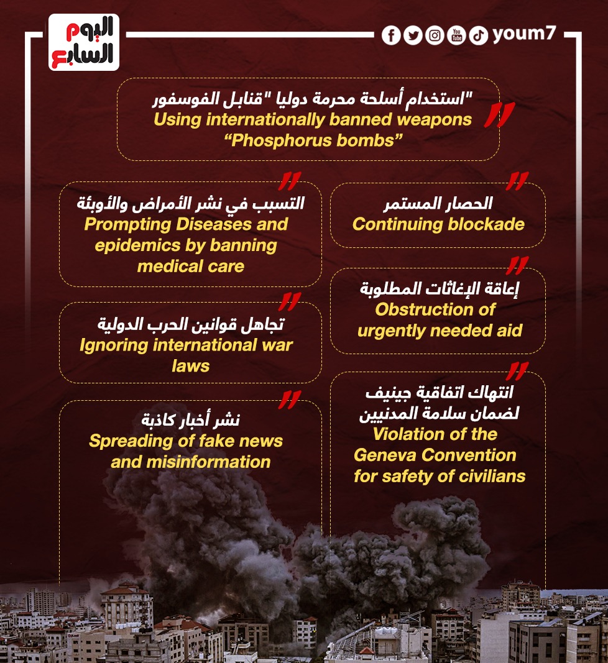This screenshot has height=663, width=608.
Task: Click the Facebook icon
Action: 391,35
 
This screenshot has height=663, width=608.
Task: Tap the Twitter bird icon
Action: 413,35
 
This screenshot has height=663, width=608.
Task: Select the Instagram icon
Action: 435,35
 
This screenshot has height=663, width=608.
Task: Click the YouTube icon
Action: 456,35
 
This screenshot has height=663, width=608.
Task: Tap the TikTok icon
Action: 478,35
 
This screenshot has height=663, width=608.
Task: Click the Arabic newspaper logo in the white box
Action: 83,42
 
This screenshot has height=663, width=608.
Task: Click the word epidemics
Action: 134,245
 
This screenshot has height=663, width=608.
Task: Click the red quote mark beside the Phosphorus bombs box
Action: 499,116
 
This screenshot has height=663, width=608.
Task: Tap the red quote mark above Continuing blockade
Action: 517,181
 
